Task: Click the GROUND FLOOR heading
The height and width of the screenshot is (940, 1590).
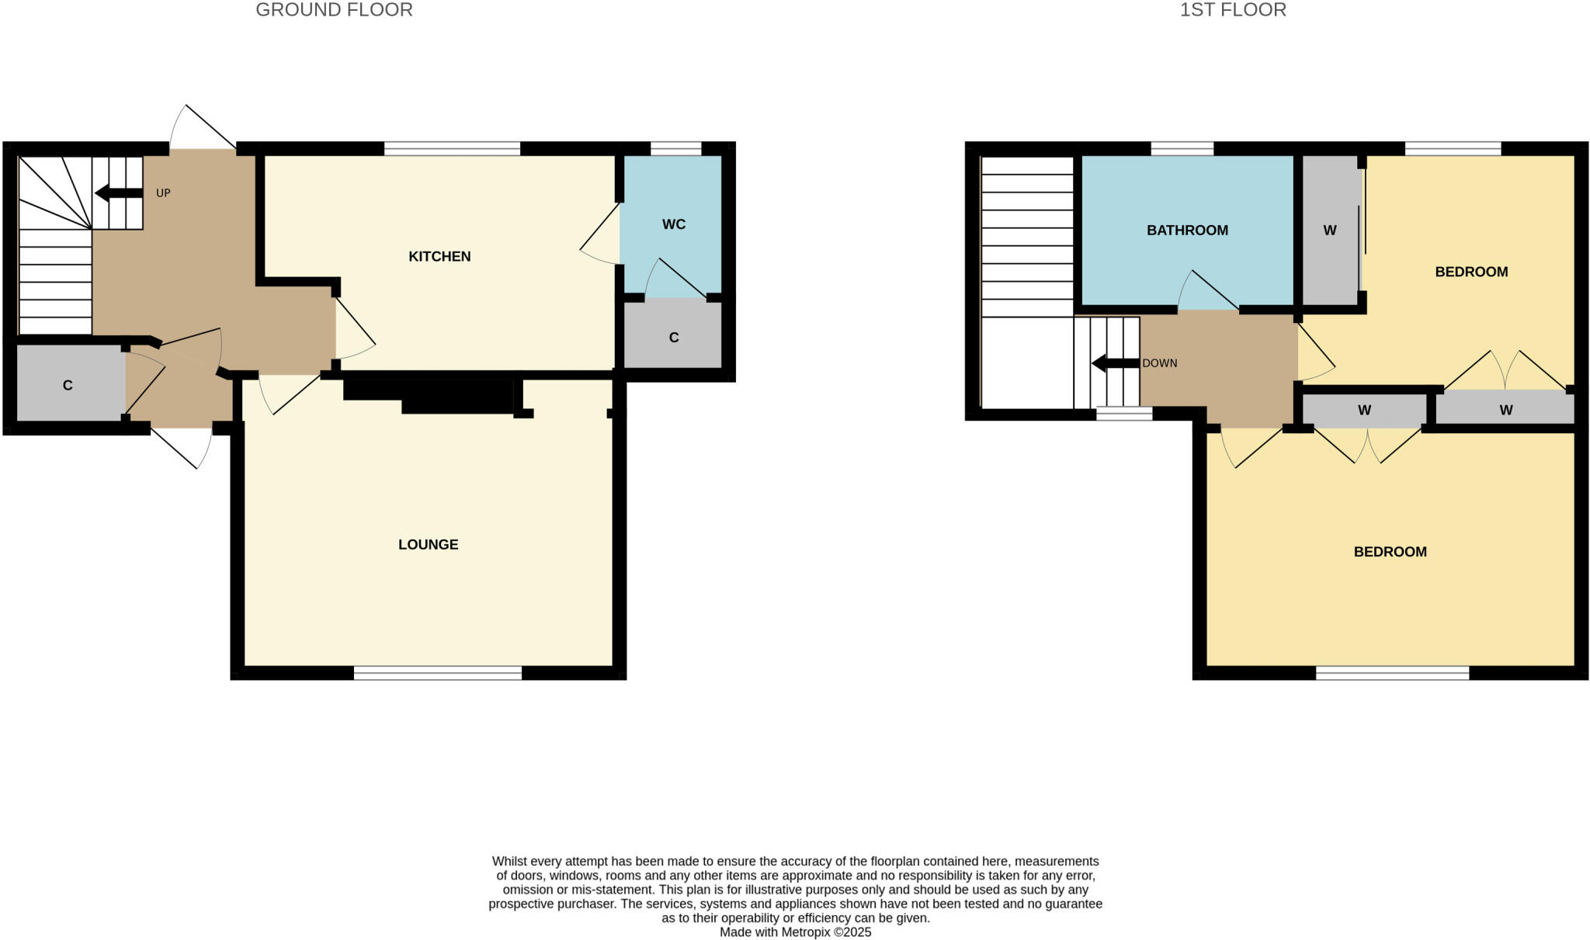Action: point(334,10)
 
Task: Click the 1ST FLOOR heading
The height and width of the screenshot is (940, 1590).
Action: point(1233,10)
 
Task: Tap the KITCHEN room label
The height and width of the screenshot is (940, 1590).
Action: point(439,256)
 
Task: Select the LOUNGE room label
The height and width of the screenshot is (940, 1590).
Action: point(428,544)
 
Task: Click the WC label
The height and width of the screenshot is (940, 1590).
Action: point(673,224)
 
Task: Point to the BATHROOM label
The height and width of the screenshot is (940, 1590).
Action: point(1187,230)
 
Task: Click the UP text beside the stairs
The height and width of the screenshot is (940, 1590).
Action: point(163,193)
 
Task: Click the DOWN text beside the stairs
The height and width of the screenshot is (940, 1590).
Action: point(1159,362)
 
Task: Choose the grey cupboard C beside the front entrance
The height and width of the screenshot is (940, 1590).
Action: point(68,385)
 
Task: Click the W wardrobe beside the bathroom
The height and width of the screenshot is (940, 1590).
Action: point(1330,230)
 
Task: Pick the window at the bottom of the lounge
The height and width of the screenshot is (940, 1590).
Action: point(438,673)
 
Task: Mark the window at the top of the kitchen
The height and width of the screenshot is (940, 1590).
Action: point(452,148)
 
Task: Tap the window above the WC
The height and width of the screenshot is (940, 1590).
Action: point(675,148)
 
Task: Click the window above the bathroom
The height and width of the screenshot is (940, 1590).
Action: point(1182,148)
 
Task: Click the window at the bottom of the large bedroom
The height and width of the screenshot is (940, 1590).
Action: point(1392,673)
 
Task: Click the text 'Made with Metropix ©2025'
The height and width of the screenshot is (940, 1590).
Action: point(795,932)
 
